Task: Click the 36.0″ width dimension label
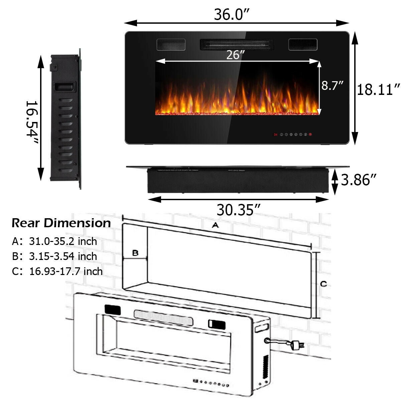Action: click(x=232, y=15)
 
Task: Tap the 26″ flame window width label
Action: click(x=233, y=55)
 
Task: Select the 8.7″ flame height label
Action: click(x=332, y=86)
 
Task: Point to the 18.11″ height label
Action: click(x=378, y=90)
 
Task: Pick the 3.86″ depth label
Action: click(x=361, y=180)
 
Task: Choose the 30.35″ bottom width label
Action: click(x=238, y=210)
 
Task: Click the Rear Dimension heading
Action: click(x=61, y=223)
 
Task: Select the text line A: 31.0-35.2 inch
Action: click(x=54, y=241)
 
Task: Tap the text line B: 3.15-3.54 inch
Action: click(x=54, y=256)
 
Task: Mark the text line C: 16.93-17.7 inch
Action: click(x=57, y=271)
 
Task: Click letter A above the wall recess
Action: click(x=215, y=225)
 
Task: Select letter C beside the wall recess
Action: click(x=323, y=284)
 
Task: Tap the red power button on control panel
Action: click(x=310, y=135)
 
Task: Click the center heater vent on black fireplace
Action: click(x=237, y=44)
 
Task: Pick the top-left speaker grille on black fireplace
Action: click(x=171, y=44)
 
